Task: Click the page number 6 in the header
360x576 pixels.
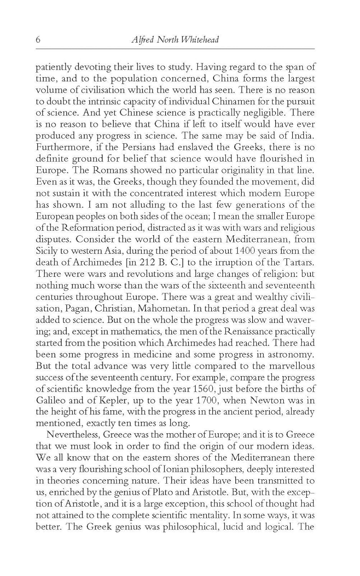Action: pos(38,40)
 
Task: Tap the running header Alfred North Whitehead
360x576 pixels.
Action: pos(174,40)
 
